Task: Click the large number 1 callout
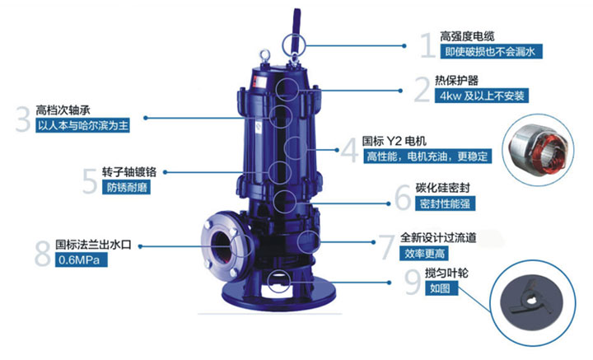pos(428,45)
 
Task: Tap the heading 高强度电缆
pos(467,36)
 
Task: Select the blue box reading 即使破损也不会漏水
pos(491,51)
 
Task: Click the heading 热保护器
pos(456,80)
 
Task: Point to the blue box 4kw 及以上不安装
pos(482,96)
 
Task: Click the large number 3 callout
pos(23,119)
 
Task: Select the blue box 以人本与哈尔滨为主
pos(83,125)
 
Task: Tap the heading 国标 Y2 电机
pos(394,141)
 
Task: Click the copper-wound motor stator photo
pos(537,151)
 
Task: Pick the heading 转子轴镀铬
pos(129,172)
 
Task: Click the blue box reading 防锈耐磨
pos(126,187)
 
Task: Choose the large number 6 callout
pos(403,197)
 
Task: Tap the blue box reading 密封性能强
pos(445,203)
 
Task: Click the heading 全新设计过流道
pos(438,237)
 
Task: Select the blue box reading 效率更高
pos(424,254)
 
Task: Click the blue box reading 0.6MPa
pos(82,259)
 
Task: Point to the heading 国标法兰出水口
pos(93,245)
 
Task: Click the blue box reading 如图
pos(441,288)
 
